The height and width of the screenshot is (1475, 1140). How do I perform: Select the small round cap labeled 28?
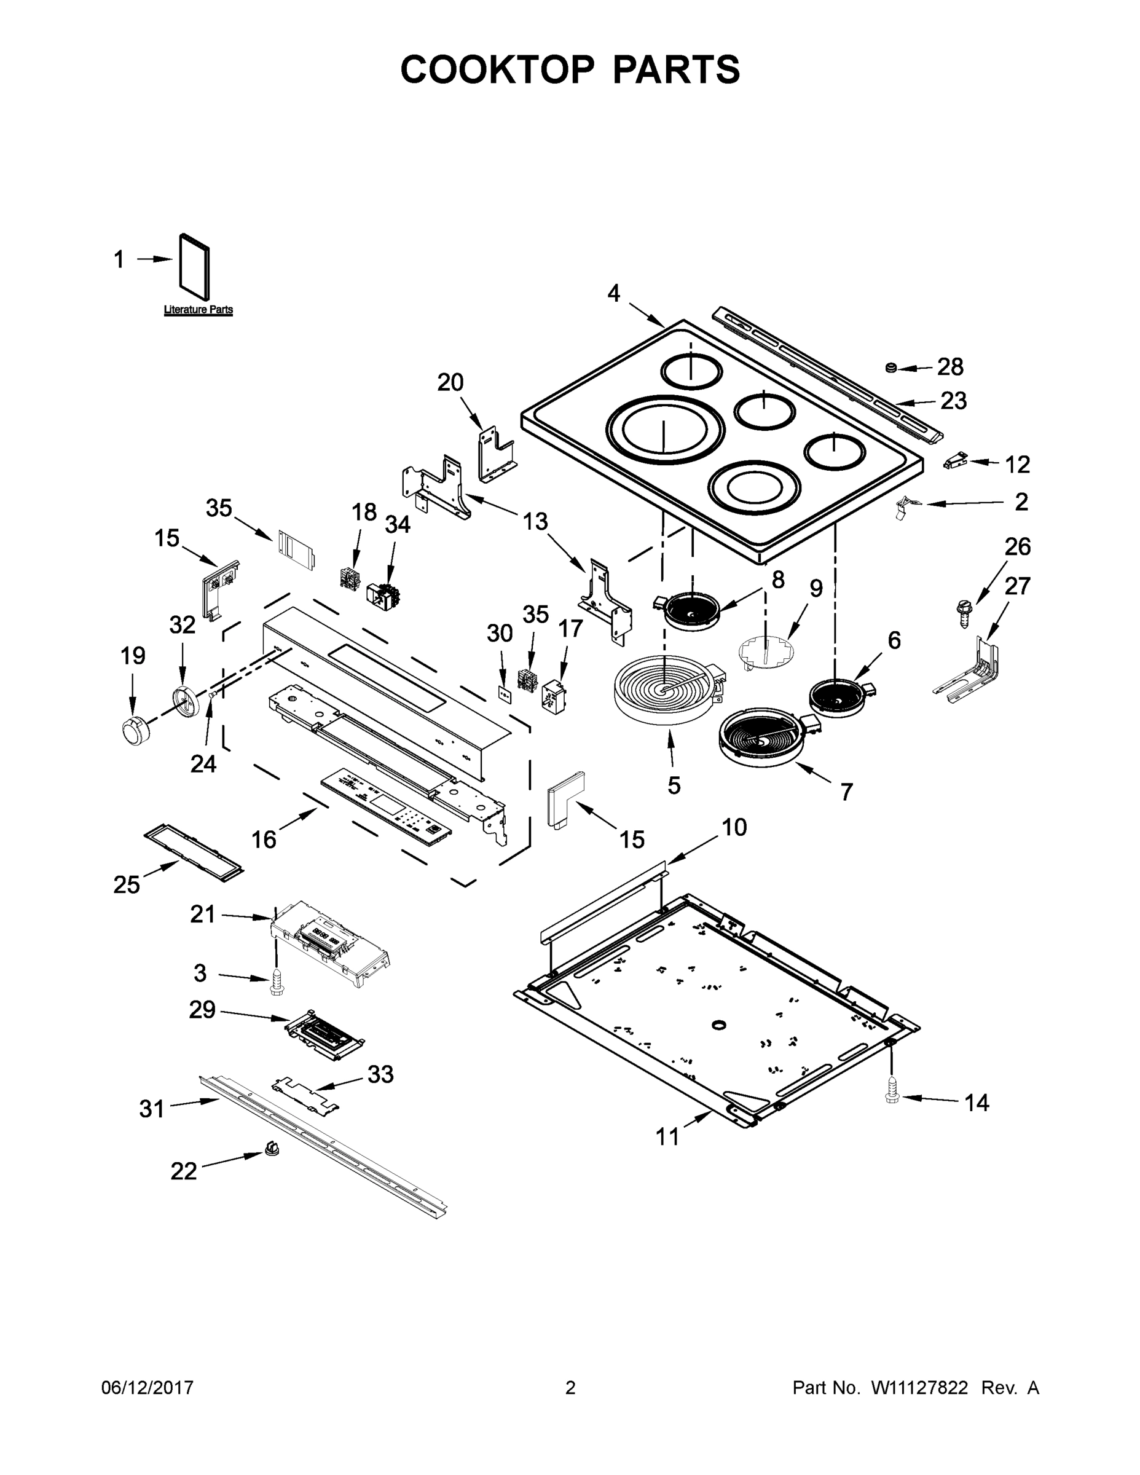coord(890,368)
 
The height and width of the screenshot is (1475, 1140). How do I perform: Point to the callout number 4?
coord(613,293)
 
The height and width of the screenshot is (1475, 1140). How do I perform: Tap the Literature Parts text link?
coord(198,310)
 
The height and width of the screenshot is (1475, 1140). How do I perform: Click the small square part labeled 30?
coord(503,693)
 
